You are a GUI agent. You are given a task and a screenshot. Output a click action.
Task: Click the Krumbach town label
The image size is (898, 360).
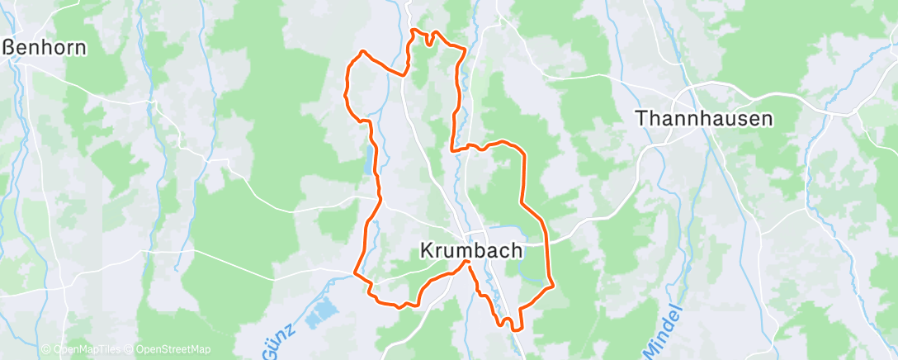pyautogui.click(x=470, y=249)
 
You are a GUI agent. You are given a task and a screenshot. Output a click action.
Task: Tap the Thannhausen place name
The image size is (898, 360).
pyautogui.click(x=704, y=118)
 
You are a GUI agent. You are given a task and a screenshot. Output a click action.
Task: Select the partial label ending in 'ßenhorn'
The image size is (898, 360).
pyautogui.click(x=45, y=47)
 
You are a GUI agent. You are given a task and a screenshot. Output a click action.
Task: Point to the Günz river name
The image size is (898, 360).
pyautogui.click(x=281, y=347)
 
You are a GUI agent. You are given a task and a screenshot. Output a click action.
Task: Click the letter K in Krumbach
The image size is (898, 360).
pyautogui.click(x=428, y=249)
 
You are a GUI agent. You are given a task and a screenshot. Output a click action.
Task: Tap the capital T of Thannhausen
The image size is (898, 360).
pyautogui.click(x=641, y=118)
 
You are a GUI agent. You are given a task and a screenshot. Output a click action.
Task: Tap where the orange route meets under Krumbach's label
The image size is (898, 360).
pyautogui.click(x=469, y=262)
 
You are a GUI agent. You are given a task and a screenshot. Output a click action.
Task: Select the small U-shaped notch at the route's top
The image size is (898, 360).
pyautogui.click(x=428, y=38)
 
